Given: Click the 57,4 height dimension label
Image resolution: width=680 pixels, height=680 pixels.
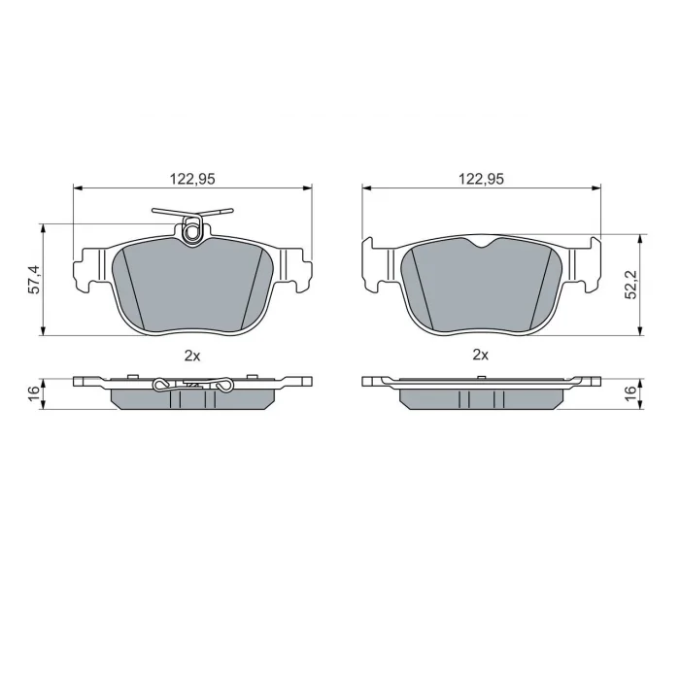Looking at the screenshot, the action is tap(34, 280).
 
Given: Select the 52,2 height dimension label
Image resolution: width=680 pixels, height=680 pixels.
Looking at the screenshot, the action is tap(630, 285).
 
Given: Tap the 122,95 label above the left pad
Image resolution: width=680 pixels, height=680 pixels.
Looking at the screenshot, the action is tap(192, 179).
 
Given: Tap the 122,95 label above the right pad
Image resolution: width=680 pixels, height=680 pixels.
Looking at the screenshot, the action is tap(482, 179).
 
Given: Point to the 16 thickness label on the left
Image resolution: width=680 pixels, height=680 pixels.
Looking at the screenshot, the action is tap(34, 392).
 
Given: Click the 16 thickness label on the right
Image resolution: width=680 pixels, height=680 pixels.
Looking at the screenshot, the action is tap(630, 391).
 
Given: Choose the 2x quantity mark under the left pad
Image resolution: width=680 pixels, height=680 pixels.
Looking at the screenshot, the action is tap(192, 357).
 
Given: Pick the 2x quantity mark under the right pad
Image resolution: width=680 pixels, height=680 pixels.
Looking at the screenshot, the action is tap(481, 356).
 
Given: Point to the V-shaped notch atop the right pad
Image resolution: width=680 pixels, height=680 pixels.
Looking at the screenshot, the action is tap(482, 243).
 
